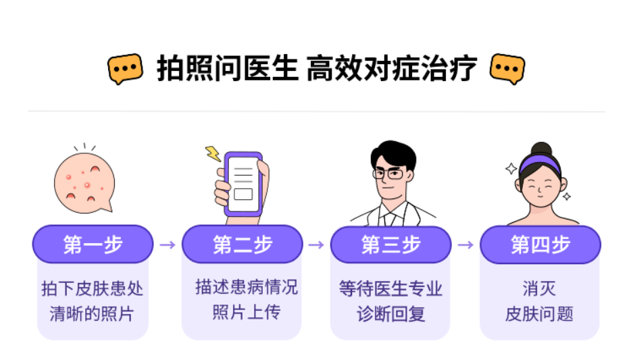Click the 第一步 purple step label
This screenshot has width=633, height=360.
(93, 245)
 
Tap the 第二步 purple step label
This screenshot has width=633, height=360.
(242, 245)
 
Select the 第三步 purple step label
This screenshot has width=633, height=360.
(390, 245)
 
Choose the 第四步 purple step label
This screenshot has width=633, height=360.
(540, 245)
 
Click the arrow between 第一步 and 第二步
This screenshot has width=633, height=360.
(168, 245)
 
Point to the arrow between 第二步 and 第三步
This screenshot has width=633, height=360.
(316, 245)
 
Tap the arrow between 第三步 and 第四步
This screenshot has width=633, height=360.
(465, 245)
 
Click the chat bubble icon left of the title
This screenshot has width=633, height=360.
(126, 68)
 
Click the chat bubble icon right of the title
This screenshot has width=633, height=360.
(507, 68)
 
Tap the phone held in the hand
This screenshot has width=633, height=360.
(243, 182)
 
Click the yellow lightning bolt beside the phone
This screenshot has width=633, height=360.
(213, 154)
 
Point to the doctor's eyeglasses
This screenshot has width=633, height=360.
(388, 174)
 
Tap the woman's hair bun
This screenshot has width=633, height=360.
(541, 149)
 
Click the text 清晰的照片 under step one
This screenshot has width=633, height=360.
(92, 313)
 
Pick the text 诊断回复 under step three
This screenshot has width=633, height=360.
(390, 314)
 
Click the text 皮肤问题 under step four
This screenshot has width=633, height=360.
(539, 314)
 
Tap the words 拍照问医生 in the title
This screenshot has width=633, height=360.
(228, 68)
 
